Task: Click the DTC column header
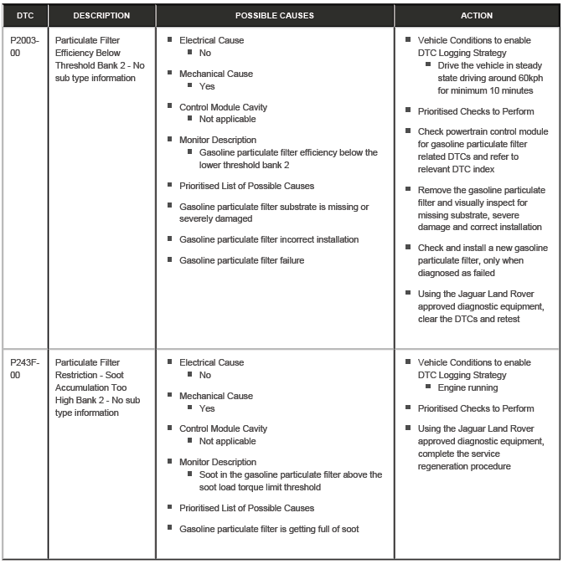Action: (24, 15)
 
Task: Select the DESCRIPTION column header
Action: (101, 15)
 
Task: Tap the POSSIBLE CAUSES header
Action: (275, 15)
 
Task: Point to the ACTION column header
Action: (477, 15)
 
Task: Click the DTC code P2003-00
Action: (24, 45)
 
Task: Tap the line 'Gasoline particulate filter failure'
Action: (241, 260)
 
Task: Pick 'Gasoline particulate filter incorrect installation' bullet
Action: (268, 239)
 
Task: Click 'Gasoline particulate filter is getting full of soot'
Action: (269, 528)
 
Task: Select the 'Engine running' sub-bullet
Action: (467, 388)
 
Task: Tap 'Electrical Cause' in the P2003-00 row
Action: (211, 40)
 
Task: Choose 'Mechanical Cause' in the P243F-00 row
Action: (215, 396)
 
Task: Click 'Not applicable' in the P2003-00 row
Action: (227, 120)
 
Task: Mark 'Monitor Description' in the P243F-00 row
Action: (218, 462)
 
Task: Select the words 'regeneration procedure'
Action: (464, 466)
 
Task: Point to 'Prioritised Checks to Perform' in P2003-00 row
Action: (475, 111)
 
